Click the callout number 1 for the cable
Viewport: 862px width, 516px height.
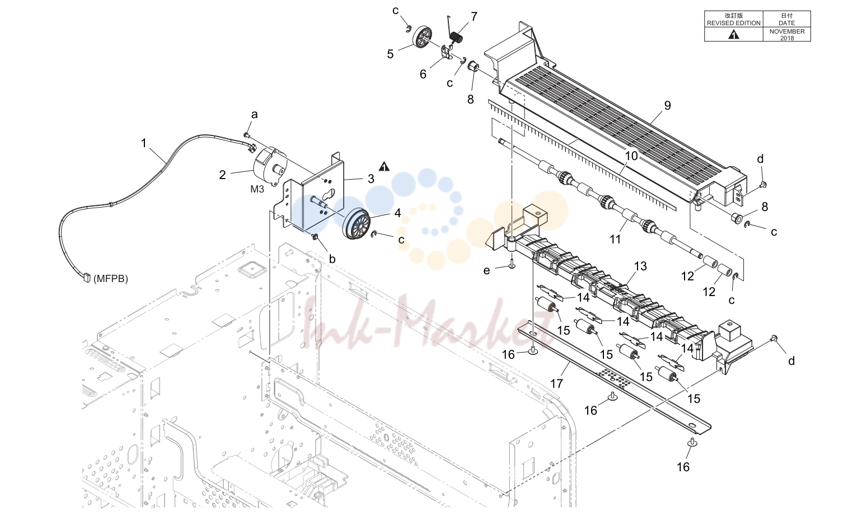tap(143, 143)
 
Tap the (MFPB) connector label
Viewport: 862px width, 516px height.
tap(111, 279)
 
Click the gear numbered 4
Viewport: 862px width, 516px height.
tap(357, 224)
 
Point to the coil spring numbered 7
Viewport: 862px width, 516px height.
tap(456, 37)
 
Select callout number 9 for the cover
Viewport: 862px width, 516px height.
tap(667, 105)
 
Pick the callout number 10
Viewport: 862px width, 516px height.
tap(631, 156)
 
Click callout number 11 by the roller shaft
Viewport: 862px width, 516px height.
tap(615, 240)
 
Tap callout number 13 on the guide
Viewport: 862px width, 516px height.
tap(640, 266)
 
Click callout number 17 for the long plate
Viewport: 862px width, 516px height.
tap(556, 383)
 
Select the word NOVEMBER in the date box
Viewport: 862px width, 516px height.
tap(787, 31)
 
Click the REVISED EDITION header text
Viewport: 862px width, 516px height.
tap(733, 23)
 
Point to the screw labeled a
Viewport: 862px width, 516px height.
tap(246, 135)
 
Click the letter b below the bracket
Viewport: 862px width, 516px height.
tap(332, 259)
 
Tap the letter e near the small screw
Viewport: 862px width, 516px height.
tap(486, 270)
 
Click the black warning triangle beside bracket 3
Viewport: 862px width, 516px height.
tap(384, 167)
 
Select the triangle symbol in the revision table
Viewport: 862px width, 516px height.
tap(734, 35)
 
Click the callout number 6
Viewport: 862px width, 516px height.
tap(423, 74)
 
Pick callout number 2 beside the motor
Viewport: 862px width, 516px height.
tap(222, 175)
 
